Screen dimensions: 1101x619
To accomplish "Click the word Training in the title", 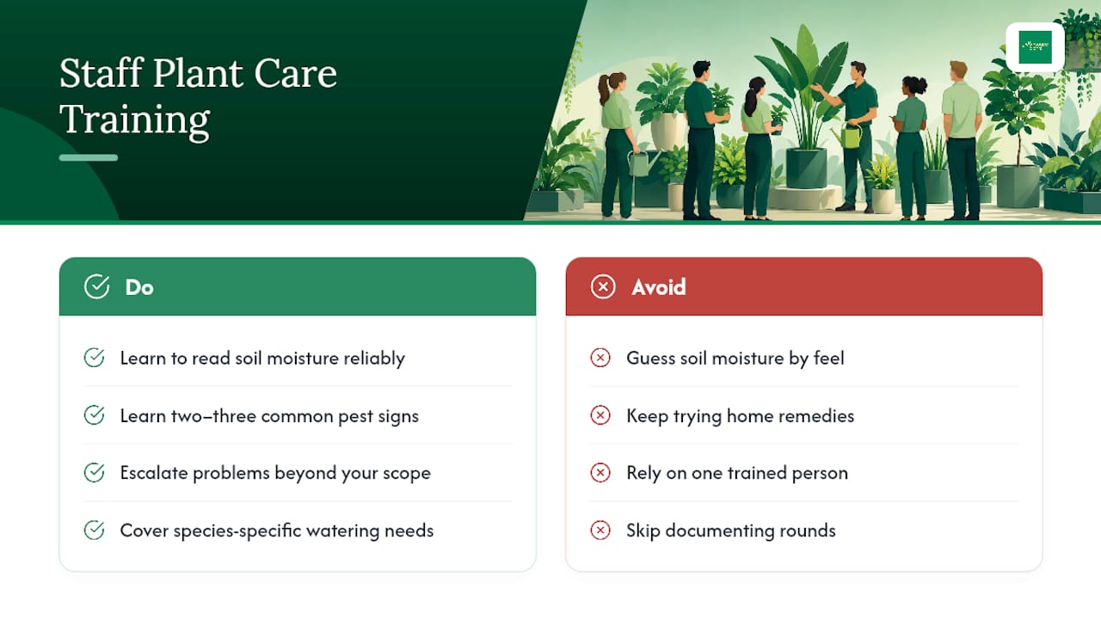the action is coord(135,120).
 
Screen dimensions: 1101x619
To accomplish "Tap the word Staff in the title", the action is coord(101,73).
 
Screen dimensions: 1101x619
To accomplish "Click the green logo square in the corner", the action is coord(1035,47).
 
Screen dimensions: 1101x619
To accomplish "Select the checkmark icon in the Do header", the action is coord(97,286).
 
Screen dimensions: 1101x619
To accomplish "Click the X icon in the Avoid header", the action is coord(603,286).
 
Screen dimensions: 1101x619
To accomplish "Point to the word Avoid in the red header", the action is coord(659,287).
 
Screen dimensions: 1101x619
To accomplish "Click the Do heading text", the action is coord(139,287).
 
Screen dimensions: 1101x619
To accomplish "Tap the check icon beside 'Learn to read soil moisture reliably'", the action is coord(94,358).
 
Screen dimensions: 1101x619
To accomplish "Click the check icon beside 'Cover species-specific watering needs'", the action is coord(94,530).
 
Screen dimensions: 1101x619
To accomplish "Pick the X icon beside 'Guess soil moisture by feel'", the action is coord(600,358).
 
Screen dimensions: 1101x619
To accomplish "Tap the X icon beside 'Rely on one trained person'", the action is coord(600,473).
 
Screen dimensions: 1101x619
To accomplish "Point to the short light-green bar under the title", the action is coord(89,157).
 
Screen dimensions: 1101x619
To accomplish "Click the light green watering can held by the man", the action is coord(852,135).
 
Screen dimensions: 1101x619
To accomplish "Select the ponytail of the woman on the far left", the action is coord(603,90).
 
